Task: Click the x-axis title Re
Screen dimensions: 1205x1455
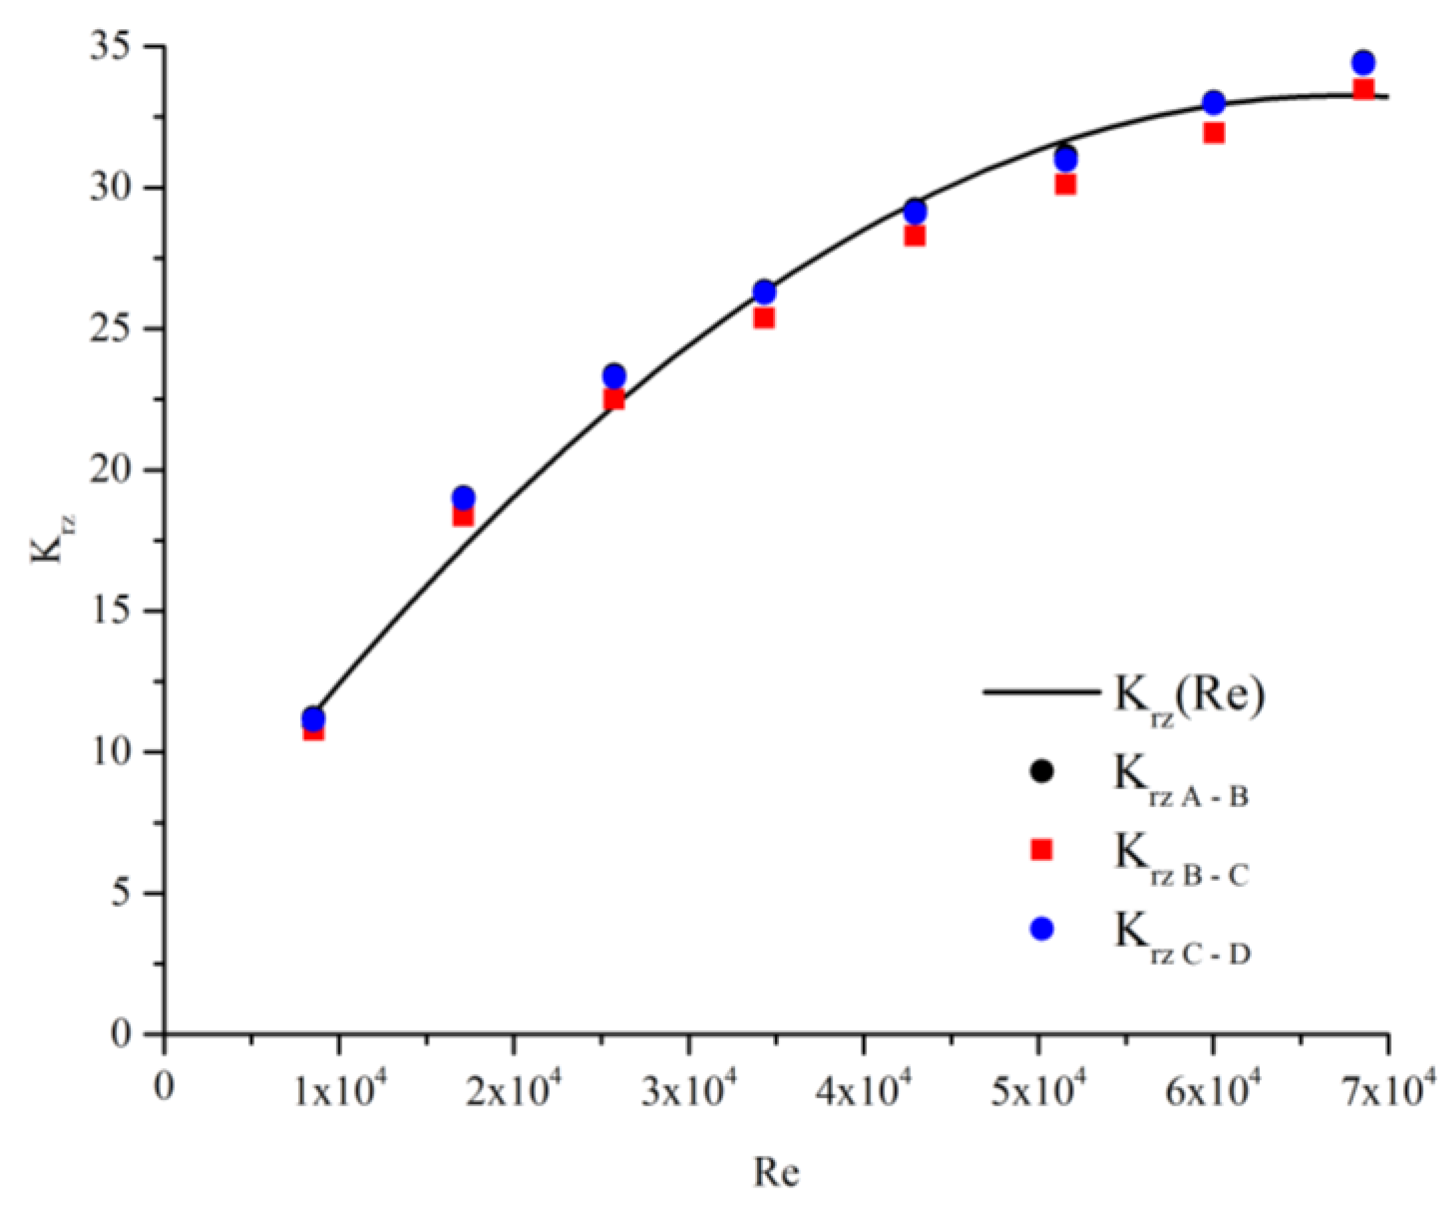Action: (776, 1172)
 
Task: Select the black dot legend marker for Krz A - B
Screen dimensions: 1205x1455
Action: (1041, 771)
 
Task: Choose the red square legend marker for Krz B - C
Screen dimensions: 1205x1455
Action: (1041, 850)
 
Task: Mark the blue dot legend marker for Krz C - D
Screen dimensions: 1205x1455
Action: (1041, 929)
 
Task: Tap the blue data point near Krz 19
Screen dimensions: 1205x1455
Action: (464, 498)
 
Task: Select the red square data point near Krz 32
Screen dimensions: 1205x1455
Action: (1214, 132)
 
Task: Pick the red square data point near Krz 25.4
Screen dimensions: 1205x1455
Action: (764, 318)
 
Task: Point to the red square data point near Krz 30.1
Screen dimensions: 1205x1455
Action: (1066, 184)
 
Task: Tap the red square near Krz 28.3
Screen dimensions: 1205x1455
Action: (914, 236)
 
